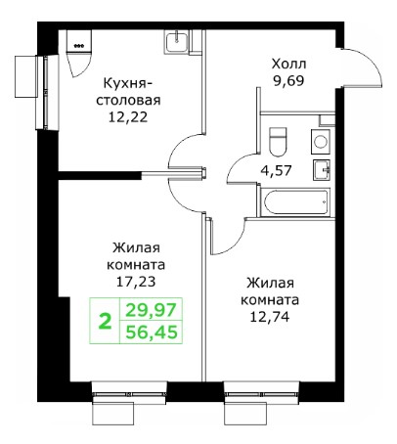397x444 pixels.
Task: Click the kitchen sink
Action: point(176,42)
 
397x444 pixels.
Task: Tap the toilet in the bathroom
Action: point(278,142)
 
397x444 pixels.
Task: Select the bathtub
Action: point(295,202)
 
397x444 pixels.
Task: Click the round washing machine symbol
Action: point(321,142)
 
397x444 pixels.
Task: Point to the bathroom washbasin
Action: point(322,169)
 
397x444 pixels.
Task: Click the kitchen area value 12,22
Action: point(128,116)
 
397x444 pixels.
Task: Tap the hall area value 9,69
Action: point(289,81)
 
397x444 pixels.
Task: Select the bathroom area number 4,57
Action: point(276,170)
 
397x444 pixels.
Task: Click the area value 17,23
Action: point(136,282)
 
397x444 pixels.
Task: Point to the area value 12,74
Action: point(270,316)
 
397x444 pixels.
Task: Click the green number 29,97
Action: point(151,310)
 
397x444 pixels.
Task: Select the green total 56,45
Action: point(151,333)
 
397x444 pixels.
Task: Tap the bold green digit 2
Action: point(105,321)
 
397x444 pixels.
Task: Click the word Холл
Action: point(289,64)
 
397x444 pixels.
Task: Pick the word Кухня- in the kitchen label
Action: point(128,83)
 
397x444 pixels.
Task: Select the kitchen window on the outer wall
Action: point(47,92)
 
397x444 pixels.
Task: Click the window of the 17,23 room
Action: point(129,395)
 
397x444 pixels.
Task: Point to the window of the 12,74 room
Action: point(262,395)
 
